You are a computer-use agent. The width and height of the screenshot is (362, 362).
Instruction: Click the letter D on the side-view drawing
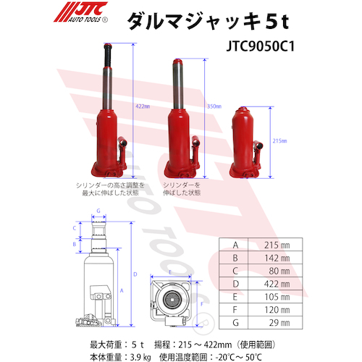coord(135,274)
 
